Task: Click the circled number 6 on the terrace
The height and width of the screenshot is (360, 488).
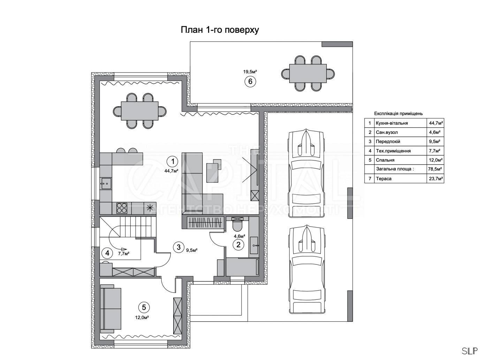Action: click(250, 81)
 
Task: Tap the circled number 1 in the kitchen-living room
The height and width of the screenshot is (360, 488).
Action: click(173, 162)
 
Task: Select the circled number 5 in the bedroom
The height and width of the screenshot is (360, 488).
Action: click(144, 307)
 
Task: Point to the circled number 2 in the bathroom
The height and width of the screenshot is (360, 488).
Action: click(238, 245)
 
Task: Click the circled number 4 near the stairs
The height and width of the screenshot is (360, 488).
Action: click(107, 253)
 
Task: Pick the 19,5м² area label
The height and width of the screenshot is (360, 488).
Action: click(250, 71)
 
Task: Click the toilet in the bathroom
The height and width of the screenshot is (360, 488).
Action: click(237, 224)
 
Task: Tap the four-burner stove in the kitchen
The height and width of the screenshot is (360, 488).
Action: click(122, 208)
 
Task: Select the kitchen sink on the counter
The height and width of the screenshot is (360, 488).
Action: click(106, 183)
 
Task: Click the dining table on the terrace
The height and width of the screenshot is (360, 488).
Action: click(308, 74)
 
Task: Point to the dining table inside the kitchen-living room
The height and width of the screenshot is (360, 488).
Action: click(140, 111)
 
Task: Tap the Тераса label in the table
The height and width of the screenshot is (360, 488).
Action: click(384, 179)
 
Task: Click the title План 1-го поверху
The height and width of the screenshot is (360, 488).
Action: click(220, 30)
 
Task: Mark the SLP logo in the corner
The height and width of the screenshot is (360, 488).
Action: click(470, 351)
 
